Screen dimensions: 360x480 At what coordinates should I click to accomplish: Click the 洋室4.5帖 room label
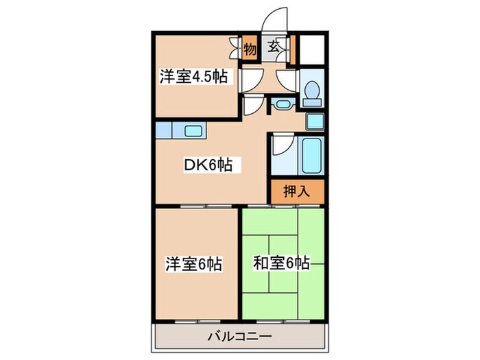195,77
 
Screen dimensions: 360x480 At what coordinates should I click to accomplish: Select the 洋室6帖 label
193,263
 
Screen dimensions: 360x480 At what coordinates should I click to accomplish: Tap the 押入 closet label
297,191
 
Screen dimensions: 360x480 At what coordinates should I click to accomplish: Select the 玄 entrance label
274,47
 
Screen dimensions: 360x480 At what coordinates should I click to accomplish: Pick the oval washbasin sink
281,104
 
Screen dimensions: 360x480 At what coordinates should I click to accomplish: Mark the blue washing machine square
315,121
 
